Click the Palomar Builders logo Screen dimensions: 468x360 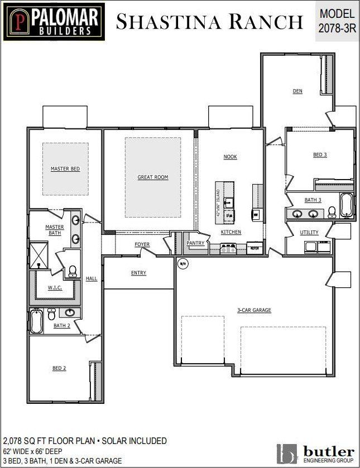coord(52,22)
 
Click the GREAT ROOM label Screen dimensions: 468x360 coord(153,177)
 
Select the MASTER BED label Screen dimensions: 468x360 coord(65,168)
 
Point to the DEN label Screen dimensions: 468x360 coord(297,91)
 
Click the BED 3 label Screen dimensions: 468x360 coord(320,155)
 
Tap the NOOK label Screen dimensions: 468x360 coord(230,157)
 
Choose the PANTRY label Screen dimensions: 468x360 coord(195,243)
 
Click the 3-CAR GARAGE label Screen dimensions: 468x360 coord(254,310)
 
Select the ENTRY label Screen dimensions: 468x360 coord(138,273)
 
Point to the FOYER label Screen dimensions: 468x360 coord(142,245)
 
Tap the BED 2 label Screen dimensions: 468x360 coord(60,368)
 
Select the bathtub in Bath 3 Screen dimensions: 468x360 coord(346,205)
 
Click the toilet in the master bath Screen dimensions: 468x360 coord(72,271)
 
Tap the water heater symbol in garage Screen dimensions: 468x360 coord(183,263)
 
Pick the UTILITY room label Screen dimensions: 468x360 coord(309,233)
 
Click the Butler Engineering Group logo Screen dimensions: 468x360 coord(315,453)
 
